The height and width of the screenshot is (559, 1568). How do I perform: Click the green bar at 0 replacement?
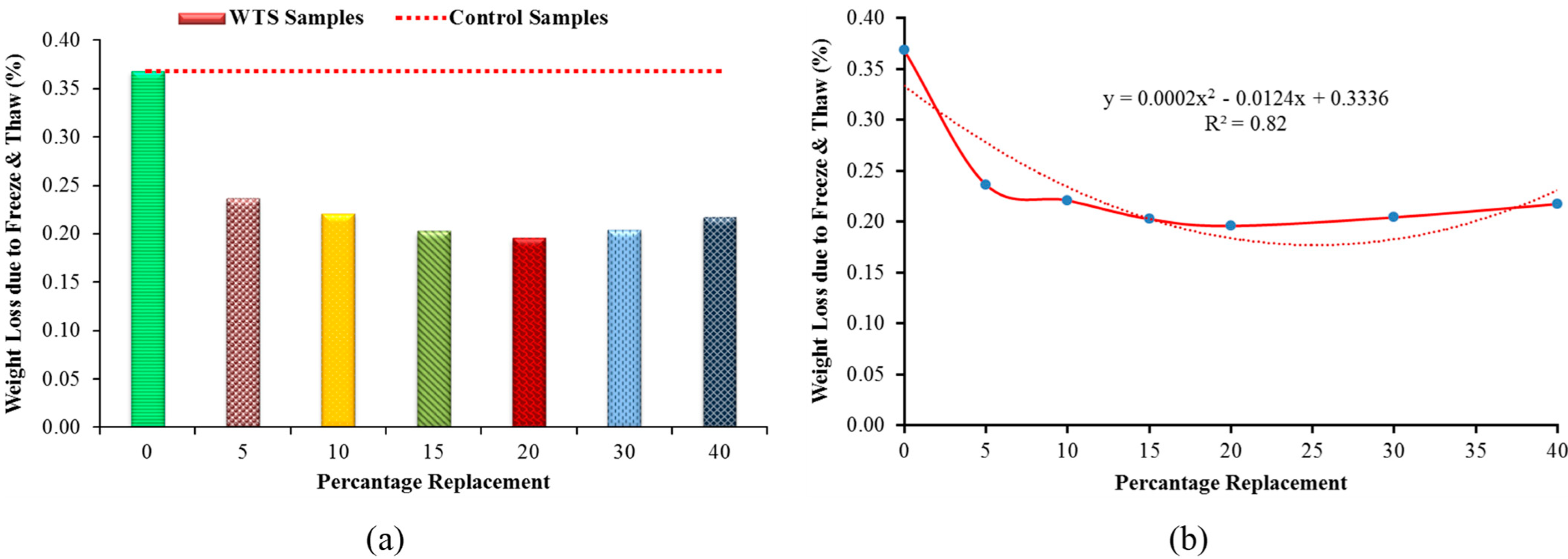tap(148, 249)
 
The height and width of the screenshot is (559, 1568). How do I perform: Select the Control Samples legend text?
tap(528, 18)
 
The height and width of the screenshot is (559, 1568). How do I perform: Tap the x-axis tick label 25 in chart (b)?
tap(1312, 451)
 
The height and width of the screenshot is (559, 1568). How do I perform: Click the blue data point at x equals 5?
tap(986, 184)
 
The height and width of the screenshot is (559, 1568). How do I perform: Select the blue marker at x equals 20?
tap(1230, 226)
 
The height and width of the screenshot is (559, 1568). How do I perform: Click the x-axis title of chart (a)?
tap(433, 482)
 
